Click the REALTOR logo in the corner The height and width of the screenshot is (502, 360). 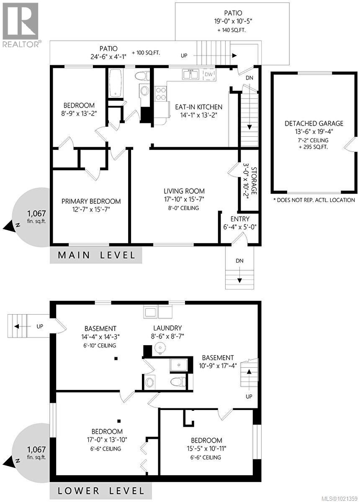[21, 24]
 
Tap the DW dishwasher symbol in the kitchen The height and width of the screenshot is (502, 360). [208, 75]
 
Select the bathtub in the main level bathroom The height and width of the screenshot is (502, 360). [115, 83]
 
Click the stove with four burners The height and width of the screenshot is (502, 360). [161, 93]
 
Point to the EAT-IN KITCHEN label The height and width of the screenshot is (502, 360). [198, 107]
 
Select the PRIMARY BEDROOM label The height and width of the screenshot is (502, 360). [91, 201]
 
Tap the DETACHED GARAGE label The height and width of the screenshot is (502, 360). [314, 123]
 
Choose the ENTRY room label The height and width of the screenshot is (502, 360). [240, 219]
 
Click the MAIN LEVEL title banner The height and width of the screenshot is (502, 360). [96, 255]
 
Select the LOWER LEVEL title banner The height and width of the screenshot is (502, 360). [101, 490]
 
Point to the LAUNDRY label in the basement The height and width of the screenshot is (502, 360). [167, 328]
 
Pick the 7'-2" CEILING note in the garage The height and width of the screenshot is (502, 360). [314, 140]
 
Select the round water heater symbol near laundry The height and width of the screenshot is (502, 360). [159, 347]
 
